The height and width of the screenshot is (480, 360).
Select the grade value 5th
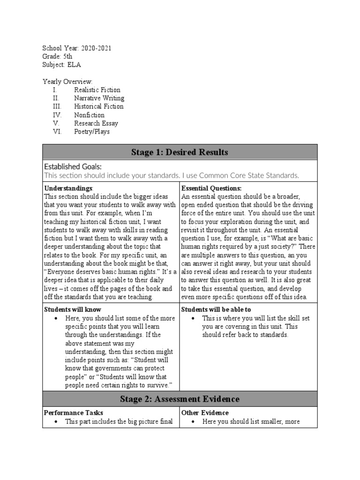[x=67, y=57]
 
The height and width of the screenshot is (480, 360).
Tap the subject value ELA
[x=74, y=65]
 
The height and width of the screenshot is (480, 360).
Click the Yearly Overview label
[x=67, y=82]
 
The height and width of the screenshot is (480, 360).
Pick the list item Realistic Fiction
[x=97, y=90]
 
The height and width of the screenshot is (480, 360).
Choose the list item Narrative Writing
[x=99, y=98]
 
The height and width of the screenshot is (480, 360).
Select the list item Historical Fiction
[x=98, y=106]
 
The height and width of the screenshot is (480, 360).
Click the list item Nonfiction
[x=89, y=115]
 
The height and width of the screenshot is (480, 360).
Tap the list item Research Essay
[x=96, y=123]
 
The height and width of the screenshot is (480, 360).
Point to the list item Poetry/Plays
[x=92, y=132]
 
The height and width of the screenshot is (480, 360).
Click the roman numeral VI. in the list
[x=57, y=132]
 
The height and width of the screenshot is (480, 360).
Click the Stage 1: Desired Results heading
[x=180, y=152]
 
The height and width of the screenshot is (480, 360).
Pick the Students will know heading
[x=72, y=310]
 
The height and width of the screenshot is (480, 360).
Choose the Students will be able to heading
[x=216, y=310]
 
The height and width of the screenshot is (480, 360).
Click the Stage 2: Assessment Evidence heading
[x=180, y=399]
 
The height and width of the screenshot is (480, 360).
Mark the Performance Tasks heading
[x=74, y=413]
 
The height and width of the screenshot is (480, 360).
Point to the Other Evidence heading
[x=205, y=413]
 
